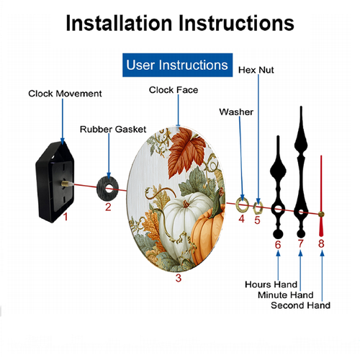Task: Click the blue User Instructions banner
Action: pyautogui.click(x=177, y=65)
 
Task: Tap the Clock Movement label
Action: pyautogui.click(x=65, y=94)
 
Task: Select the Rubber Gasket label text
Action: pyautogui.click(x=113, y=130)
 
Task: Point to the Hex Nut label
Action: pyautogui.click(x=256, y=70)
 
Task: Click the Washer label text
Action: pyautogui.click(x=236, y=112)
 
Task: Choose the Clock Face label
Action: pyautogui.click(x=174, y=90)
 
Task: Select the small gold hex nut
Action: pyautogui.click(x=258, y=207)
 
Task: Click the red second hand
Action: pyautogui.click(x=321, y=196)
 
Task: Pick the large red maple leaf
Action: pyautogui.click(x=186, y=151)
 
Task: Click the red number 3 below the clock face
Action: pyautogui.click(x=179, y=278)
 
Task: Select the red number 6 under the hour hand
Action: pyautogui.click(x=278, y=245)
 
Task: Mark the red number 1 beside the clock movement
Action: pyautogui.click(x=66, y=217)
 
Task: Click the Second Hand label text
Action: pyautogui.click(x=300, y=305)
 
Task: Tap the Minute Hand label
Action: pyautogui.click(x=286, y=295)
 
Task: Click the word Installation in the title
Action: pyautogui.click(x=119, y=23)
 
